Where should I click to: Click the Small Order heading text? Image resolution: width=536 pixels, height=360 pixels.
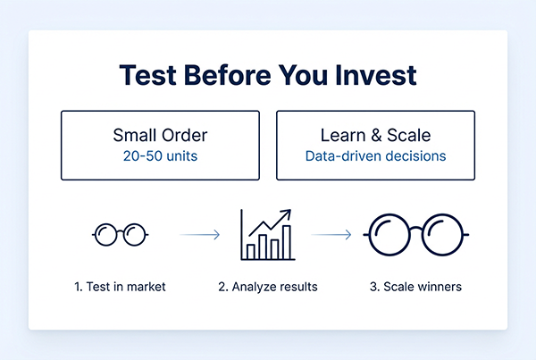click(160, 136)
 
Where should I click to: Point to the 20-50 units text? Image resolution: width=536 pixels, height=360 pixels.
click(160, 155)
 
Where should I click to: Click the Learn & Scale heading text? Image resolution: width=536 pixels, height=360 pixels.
click(375, 136)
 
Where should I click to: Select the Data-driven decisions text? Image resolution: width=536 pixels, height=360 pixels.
click(375, 155)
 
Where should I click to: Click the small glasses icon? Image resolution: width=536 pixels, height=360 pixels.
click(121, 235)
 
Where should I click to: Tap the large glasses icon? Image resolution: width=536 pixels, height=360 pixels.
click(416, 235)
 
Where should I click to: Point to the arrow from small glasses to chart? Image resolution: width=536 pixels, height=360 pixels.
click(199, 235)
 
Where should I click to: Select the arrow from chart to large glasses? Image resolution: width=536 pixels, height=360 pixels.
click(331, 235)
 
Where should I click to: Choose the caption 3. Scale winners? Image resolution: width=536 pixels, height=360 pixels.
click(415, 288)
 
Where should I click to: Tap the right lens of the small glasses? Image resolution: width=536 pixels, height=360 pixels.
click(133, 235)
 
